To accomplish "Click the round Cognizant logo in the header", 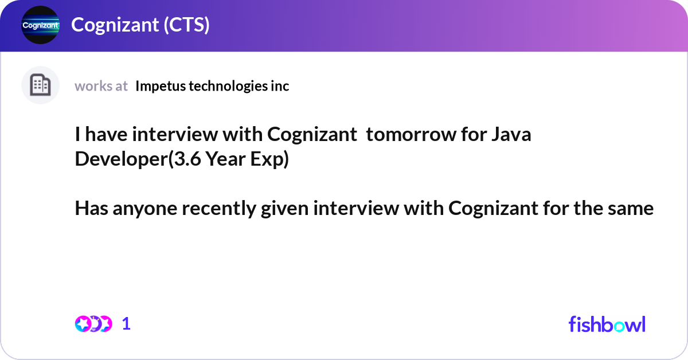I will [x=40, y=25].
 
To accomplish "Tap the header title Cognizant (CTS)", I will [x=140, y=25].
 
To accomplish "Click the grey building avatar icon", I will [x=40, y=85].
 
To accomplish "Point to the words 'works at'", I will [x=101, y=86].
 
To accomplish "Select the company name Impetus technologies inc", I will [x=212, y=86].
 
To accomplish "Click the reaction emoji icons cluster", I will [x=93, y=324].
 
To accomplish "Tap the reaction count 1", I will [x=126, y=324].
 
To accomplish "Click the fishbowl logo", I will [x=607, y=324].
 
